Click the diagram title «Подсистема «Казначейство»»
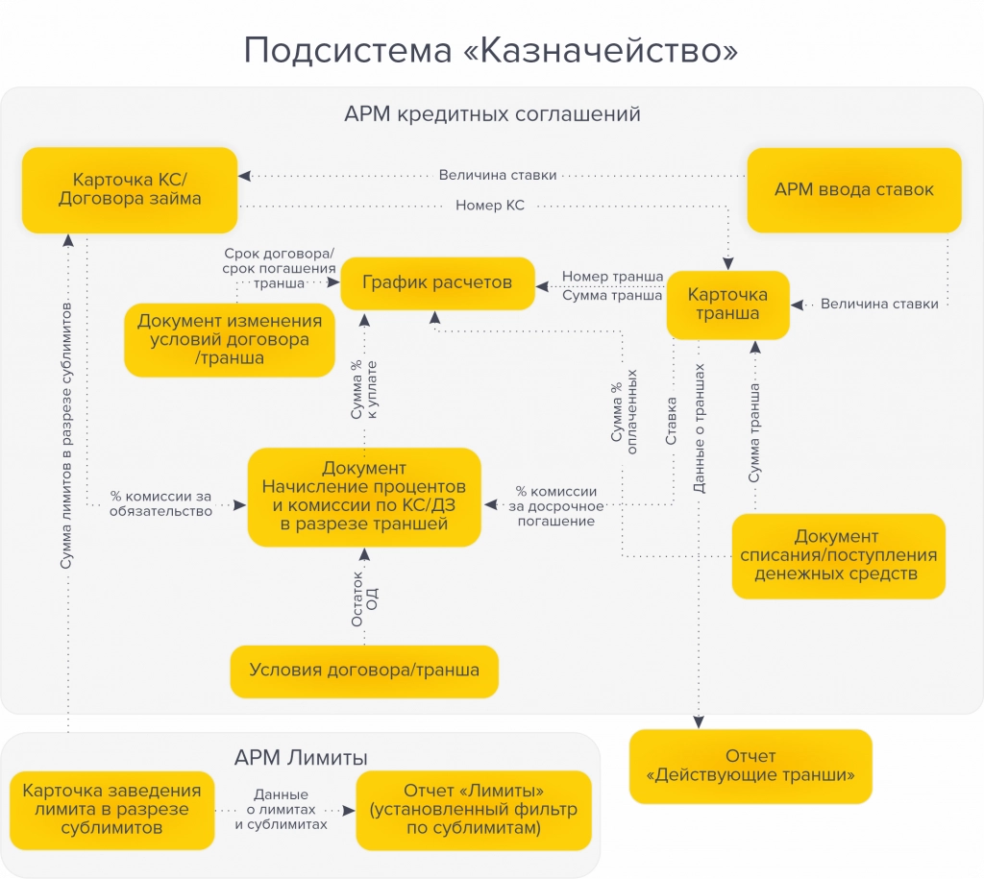pyautogui.click(x=491, y=50)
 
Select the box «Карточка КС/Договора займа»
pyautogui.click(x=130, y=189)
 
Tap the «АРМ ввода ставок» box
pyautogui.click(x=853, y=189)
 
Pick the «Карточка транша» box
pyautogui.click(x=728, y=304)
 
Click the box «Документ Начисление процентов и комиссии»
pyautogui.click(x=364, y=497)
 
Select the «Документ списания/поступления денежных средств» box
pyautogui.click(x=838, y=555)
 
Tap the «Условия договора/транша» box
pyautogui.click(x=364, y=671)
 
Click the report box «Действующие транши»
pyautogui.click(x=750, y=766)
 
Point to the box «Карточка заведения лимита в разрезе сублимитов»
pyautogui.click(x=111, y=809)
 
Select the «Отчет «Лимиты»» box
pyautogui.click(x=474, y=809)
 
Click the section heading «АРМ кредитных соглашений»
pyautogui.click(x=492, y=114)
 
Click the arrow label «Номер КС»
pyautogui.click(x=490, y=206)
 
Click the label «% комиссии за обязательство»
pyautogui.click(x=160, y=503)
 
